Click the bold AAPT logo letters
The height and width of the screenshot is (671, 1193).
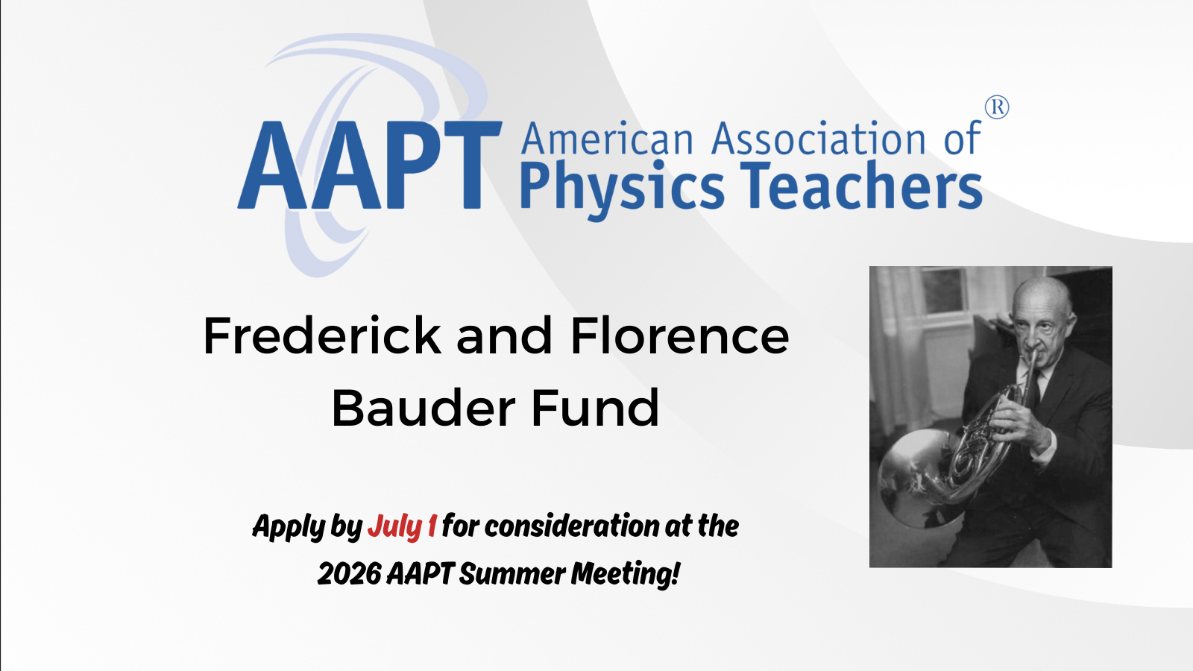click(x=369, y=165)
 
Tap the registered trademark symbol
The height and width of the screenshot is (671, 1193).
click(x=996, y=107)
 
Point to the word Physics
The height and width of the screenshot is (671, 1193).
click(x=622, y=187)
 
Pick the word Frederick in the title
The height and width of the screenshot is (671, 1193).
click(x=321, y=335)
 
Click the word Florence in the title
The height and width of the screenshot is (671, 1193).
click(x=679, y=335)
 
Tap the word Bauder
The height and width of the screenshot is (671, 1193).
click(x=424, y=408)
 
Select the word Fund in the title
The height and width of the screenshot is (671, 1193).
click(x=596, y=408)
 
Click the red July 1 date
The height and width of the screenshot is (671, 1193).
click(x=402, y=526)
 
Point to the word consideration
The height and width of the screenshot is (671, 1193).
click(x=572, y=526)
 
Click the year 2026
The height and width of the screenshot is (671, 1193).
click(x=350, y=574)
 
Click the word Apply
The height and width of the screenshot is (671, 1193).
click(x=289, y=527)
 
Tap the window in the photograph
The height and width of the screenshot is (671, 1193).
click(x=944, y=291)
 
